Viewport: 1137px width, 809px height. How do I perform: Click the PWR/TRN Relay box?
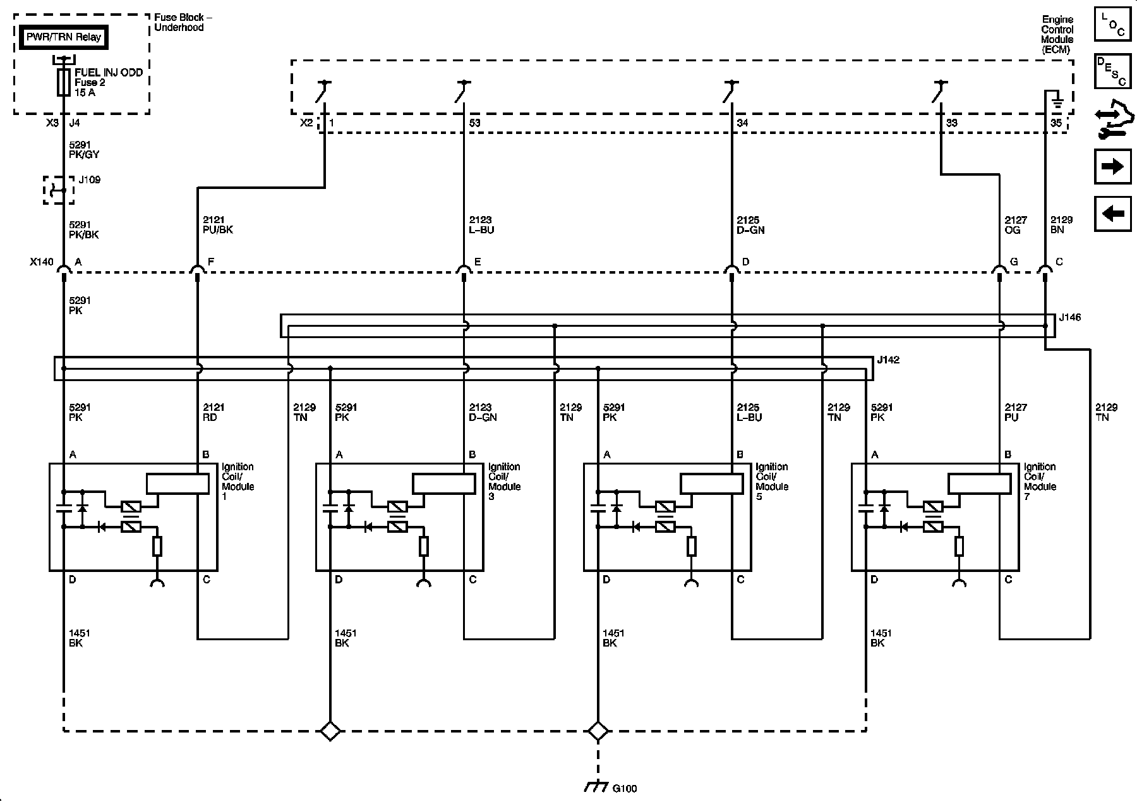coord(63,37)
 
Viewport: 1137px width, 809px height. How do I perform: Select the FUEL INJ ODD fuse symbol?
coord(63,83)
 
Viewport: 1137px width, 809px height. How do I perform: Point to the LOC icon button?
coord(1112,25)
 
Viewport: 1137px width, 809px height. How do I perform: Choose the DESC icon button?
coord(1112,71)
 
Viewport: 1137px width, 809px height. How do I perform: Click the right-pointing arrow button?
coord(1112,167)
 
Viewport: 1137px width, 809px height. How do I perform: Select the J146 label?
coord(1069,317)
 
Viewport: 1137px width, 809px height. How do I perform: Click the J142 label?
coord(888,360)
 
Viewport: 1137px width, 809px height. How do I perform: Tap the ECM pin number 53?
coord(474,123)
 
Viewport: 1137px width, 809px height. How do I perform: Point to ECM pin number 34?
coord(742,123)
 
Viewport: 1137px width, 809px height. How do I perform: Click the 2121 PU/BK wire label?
coord(218,225)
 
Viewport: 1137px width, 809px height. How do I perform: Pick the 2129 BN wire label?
coord(1061,225)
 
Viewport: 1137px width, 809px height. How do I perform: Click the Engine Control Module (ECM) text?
coord(1057,35)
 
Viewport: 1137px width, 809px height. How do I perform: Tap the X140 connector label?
coord(40,262)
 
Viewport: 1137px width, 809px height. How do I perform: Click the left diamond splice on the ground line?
coord(330,731)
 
